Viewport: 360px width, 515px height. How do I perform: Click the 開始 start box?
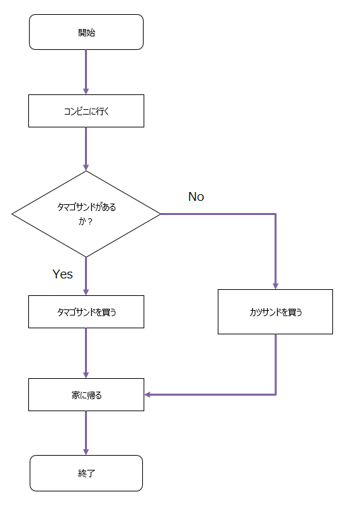(x=86, y=32)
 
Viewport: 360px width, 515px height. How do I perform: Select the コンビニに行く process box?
(x=86, y=111)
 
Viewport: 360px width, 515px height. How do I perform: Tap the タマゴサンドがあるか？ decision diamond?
(x=86, y=214)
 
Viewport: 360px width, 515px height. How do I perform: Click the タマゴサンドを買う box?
(x=86, y=311)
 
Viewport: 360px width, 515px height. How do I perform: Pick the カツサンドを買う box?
(x=275, y=311)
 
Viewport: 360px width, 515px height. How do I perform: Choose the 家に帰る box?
(x=86, y=394)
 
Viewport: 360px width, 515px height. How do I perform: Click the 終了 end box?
(x=86, y=473)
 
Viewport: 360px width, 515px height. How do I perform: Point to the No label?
(x=196, y=196)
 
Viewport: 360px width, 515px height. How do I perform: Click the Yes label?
(x=63, y=274)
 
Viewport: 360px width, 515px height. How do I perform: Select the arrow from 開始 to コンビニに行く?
(x=86, y=72)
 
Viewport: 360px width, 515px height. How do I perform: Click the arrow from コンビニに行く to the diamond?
(x=86, y=149)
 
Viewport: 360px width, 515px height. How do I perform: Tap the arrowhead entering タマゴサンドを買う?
(x=86, y=292)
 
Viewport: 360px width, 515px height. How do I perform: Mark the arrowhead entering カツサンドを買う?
(x=276, y=286)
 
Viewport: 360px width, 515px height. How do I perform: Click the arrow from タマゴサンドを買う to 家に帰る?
(x=86, y=353)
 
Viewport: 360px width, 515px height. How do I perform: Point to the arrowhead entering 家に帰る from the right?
(x=148, y=394)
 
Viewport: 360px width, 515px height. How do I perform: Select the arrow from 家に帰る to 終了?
(x=86, y=433)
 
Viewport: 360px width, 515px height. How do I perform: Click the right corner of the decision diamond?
(x=160, y=214)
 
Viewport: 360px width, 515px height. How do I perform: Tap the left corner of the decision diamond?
(x=12, y=214)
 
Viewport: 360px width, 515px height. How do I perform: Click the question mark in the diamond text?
(x=90, y=222)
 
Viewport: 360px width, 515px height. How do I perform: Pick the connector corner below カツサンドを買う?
(x=276, y=394)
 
